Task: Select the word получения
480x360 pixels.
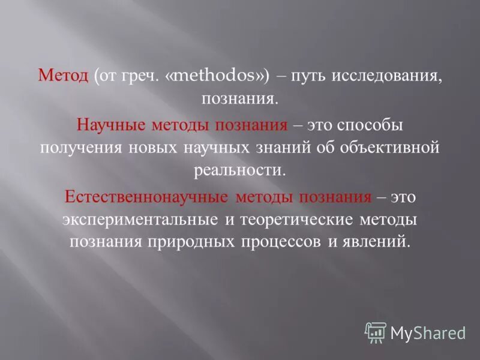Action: pos(80,148)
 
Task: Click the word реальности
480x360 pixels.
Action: pos(239,170)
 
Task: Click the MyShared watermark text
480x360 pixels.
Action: pos(428,332)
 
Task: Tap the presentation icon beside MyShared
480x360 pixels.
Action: pos(375,332)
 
